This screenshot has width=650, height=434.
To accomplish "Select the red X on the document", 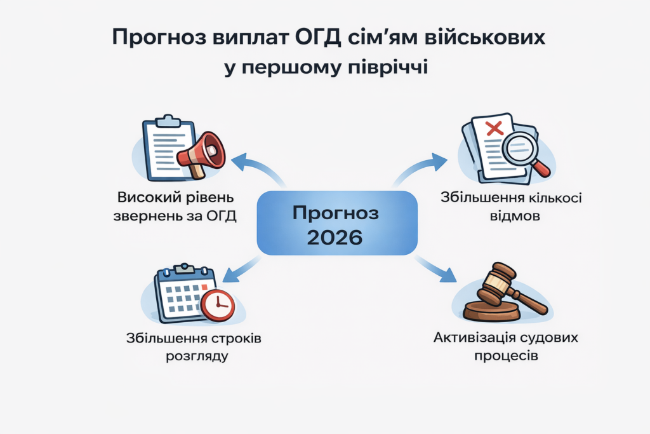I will (x=493, y=128).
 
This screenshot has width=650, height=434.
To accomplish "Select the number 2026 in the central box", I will (x=336, y=237).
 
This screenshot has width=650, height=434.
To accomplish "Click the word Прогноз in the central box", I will (x=336, y=213).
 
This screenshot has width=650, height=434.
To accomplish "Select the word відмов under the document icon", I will (x=511, y=215).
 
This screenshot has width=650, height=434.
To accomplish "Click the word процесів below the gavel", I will (x=506, y=355).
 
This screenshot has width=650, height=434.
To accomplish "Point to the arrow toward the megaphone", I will (x=252, y=167).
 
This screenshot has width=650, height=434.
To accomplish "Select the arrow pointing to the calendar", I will (x=238, y=269).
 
